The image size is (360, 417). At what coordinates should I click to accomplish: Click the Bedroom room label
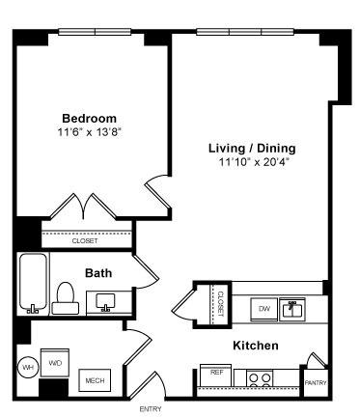(x=89, y=118)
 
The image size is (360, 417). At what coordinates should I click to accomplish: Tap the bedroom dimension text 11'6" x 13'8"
(x=90, y=132)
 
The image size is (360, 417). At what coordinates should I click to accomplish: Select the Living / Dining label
(x=252, y=149)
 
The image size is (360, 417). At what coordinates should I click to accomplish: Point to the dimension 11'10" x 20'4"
(x=252, y=162)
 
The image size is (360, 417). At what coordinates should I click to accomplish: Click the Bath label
(x=98, y=273)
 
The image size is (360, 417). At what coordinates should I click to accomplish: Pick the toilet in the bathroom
(x=66, y=298)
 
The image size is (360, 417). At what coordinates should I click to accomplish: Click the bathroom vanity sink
(x=105, y=302)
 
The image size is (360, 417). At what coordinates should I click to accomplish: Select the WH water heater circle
(x=28, y=367)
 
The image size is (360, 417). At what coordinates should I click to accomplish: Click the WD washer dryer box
(x=55, y=363)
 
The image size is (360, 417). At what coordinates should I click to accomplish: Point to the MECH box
(x=95, y=380)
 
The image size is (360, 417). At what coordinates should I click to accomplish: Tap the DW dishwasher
(x=264, y=309)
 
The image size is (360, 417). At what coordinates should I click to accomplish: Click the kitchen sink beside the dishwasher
(x=292, y=310)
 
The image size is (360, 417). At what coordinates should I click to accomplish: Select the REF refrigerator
(x=215, y=375)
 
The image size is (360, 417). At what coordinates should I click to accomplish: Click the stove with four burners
(x=260, y=378)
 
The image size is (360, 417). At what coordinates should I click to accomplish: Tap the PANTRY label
(x=316, y=383)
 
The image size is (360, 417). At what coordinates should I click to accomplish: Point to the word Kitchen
(x=256, y=346)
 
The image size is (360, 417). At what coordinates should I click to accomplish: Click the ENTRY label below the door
(x=151, y=409)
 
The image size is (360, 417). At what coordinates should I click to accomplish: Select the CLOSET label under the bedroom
(x=85, y=240)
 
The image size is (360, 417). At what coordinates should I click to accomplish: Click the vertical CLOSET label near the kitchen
(x=221, y=304)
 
